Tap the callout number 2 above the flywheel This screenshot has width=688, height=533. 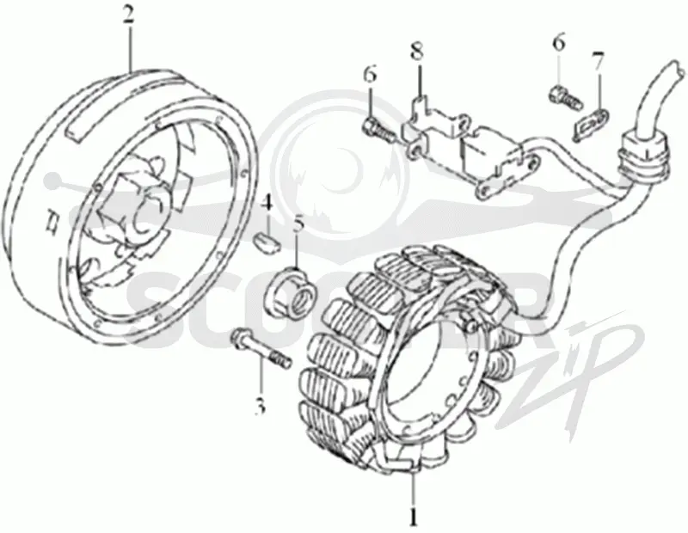point(128,16)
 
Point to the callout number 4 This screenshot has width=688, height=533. point(267,205)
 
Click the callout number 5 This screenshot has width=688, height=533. point(298,224)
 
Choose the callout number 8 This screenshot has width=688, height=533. point(417,52)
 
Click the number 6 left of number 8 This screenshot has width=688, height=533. point(370,74)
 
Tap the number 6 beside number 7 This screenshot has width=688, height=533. point(558,44)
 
